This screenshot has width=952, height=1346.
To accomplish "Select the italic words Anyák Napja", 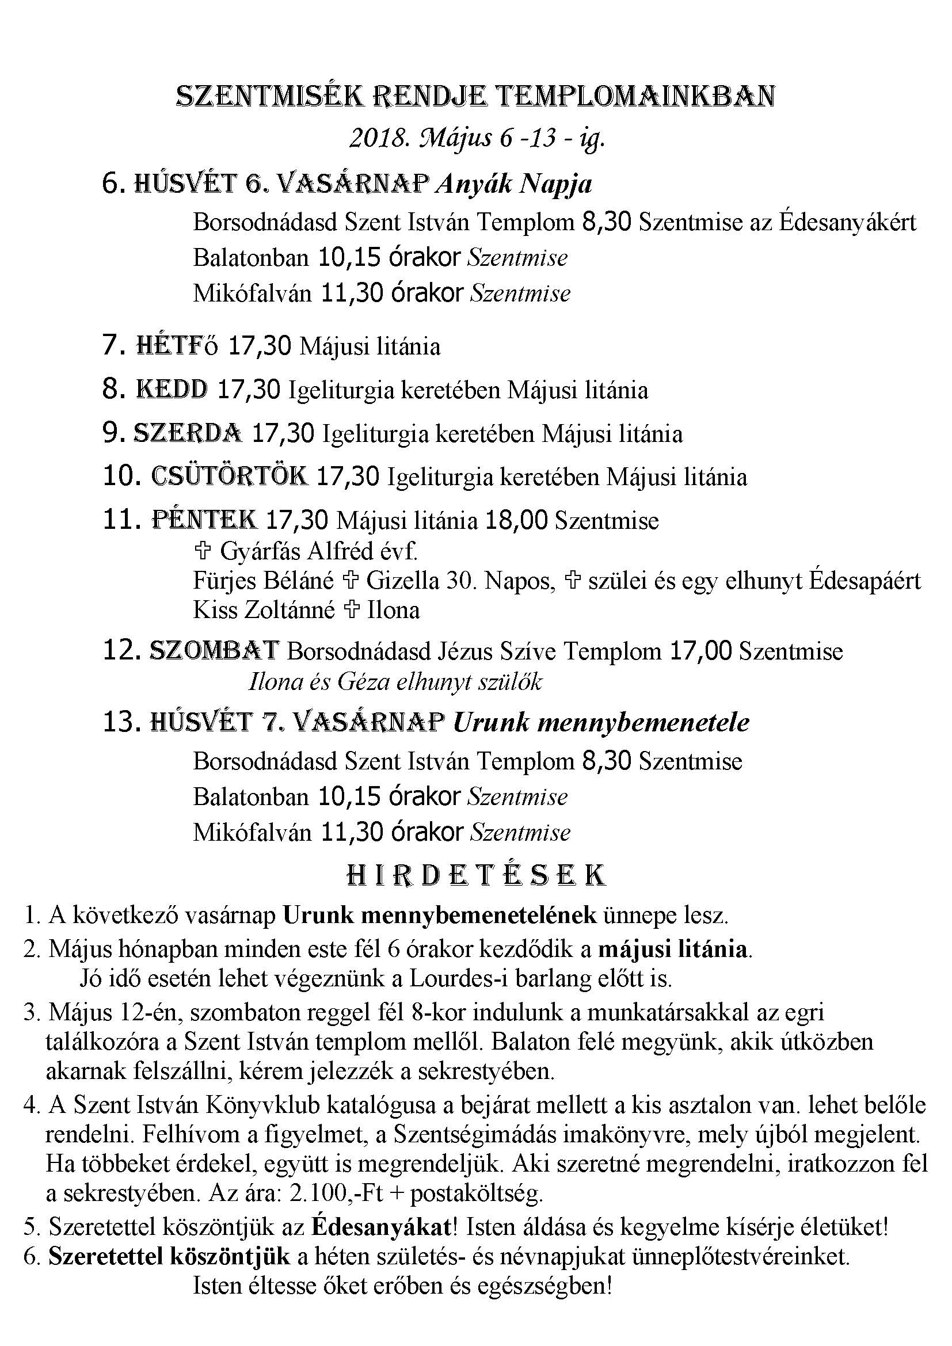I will [x=513, y=184].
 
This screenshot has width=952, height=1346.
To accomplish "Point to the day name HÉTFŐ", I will [x=177, y=345].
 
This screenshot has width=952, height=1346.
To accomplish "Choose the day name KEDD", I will [x=172, y=389].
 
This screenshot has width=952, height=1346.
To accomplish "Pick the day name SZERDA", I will [x=188, y=433].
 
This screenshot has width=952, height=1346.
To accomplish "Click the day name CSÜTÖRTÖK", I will [x=229, y=476].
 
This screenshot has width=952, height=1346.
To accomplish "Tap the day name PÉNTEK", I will [x=204, y=520].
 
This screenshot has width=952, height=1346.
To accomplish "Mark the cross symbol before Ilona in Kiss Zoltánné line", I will [x=351, y=610].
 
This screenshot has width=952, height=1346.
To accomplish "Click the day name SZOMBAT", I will [x=214, y=651].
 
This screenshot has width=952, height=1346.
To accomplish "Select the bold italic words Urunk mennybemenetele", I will [x=601, y=723].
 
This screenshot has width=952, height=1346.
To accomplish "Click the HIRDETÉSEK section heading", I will [x=475, y=876].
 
